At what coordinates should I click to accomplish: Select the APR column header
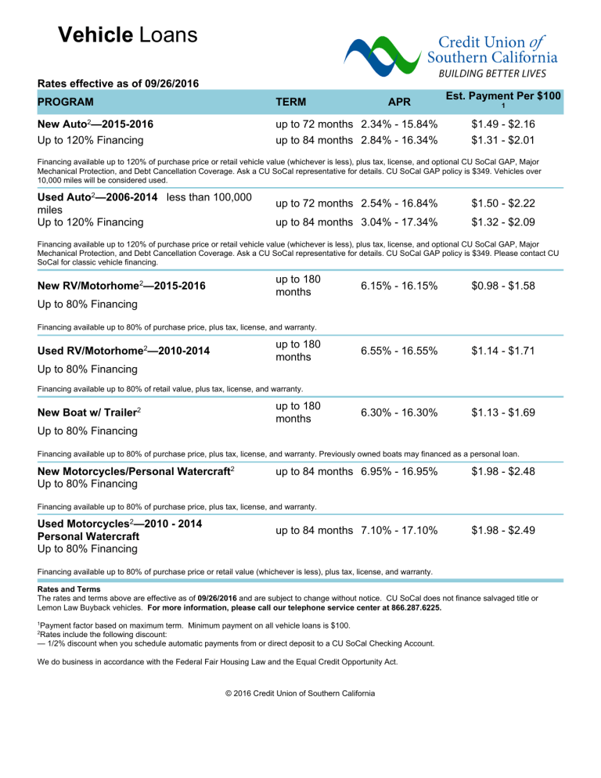click(399, 102)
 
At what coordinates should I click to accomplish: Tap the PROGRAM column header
click(66, 102)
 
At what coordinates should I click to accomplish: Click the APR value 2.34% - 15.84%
click(399, 124)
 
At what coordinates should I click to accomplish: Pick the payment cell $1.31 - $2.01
click(503, 140)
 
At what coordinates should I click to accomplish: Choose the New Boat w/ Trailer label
click(91, 412)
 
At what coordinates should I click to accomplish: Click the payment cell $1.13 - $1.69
click(503, 413)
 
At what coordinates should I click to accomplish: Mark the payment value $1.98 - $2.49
click(503, 531)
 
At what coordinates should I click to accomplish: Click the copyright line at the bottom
click(300, 693)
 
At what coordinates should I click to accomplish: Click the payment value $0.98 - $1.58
click(503, 286)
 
